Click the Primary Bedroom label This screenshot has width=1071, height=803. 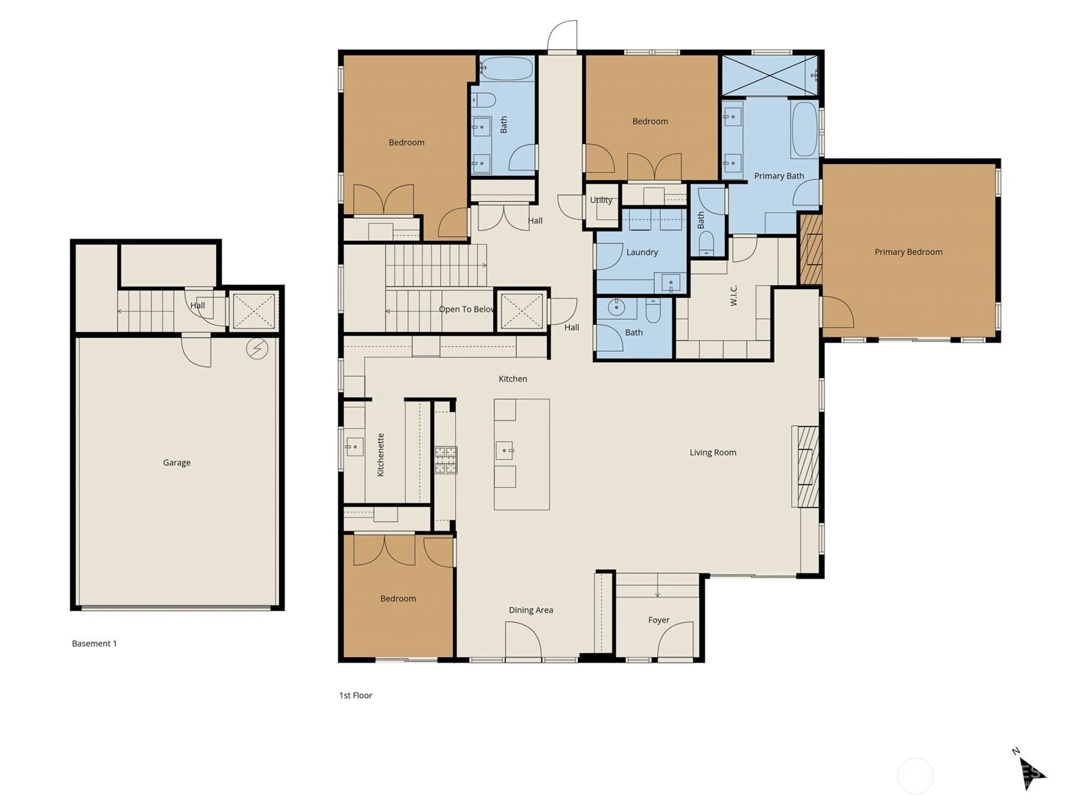(908, 252)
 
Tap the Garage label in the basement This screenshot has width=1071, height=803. (177, 462)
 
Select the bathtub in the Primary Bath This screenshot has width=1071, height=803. (803, 130)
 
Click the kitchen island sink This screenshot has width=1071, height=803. (505, 451)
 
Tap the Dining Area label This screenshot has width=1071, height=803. (531, 610)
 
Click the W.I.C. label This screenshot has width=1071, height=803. (734, 296)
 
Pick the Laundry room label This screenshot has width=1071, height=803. (642, 252)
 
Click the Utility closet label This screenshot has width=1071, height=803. (600, 200)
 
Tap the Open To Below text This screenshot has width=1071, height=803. (467, 309)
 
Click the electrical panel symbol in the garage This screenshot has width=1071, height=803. (257, 349)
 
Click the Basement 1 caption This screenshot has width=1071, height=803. (94, 644)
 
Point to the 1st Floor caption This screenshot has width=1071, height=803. (355, 695)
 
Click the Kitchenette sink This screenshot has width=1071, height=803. (353, 446)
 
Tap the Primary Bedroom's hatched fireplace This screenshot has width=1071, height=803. (811, 249)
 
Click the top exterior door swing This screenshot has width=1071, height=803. (562, 36)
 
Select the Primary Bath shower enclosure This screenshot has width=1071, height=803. (769, 76)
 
